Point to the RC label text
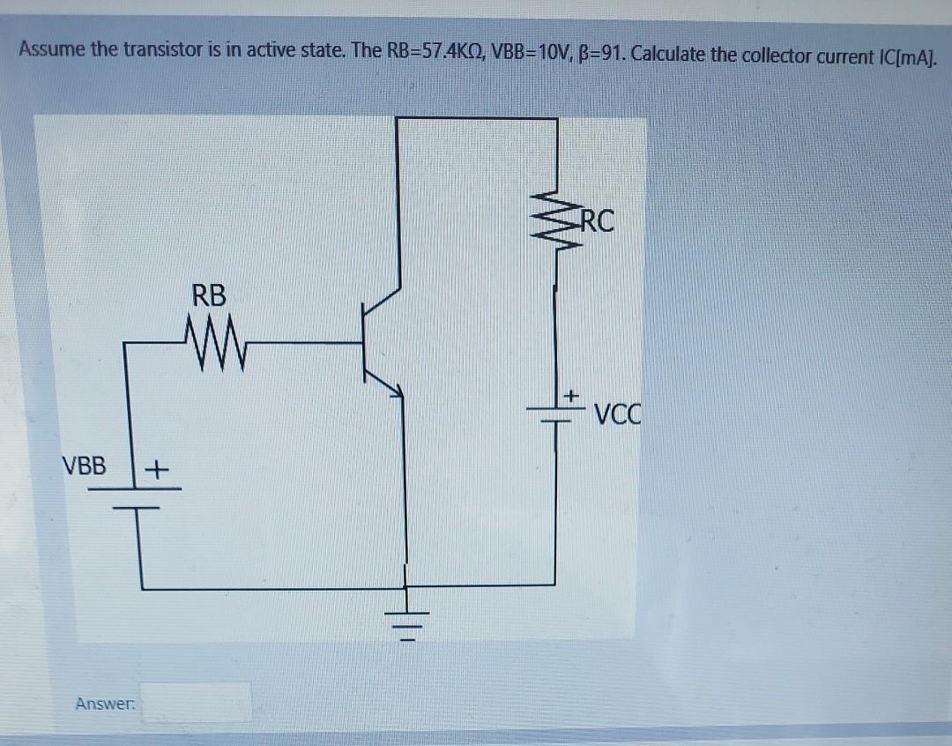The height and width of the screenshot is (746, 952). [x=595, y=220]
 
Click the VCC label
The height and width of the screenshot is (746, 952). [x=620, y=413]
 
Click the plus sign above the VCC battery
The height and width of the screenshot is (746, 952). [x=570, y=396]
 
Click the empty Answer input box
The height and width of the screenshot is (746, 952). [x=197, y=704]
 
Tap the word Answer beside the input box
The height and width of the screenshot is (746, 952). [x=104, y=704]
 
